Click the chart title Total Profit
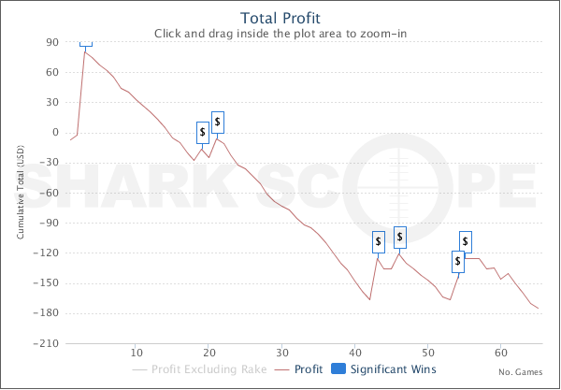pyautogui.click(x=280, y=17)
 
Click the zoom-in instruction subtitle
pyautogui.click(x=280, y=34)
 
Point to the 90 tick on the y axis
pyautogui.click(x=51, y=42)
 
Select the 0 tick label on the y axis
pyautogui.click(x=55, y=133)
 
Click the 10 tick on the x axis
pyautogui.click(x=137, y=353)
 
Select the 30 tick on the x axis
pyautogui.click(x=282, y=353)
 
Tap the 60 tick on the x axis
pyautogui.click(x=501, y=353)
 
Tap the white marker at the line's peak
pyautogui.click(x=86, y=43)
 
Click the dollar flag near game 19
pyautogui.click(x=202, y=133)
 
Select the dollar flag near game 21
pyautogui.click(x=217, y=121)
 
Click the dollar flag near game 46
pyautogui.click(x=400, y=237)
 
